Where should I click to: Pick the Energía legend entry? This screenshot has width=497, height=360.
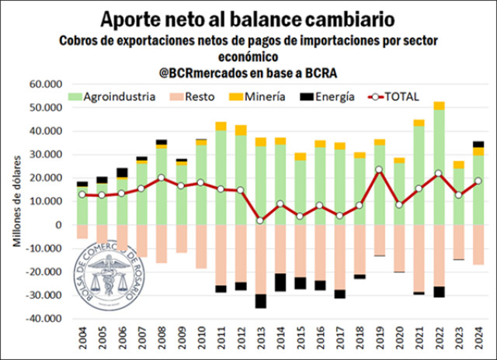[x=330, y=97]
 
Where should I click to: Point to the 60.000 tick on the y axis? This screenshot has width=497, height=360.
[x=46, y=84]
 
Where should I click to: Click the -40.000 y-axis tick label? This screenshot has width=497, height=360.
[x=43, y=319]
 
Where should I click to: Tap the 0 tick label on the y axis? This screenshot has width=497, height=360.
[x=58, y=225]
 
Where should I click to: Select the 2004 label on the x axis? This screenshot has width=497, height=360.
[x=82, y=337]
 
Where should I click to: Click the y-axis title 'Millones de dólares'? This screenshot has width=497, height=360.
[x=17, y=202]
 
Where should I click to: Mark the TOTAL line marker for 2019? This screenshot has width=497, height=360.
[x=379, y=169]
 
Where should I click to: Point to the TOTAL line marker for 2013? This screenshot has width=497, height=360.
[x=260, y=220]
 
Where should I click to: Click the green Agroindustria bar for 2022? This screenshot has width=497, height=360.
[x=440, y=167]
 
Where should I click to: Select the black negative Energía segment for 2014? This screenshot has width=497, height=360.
[x=280, y=282]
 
